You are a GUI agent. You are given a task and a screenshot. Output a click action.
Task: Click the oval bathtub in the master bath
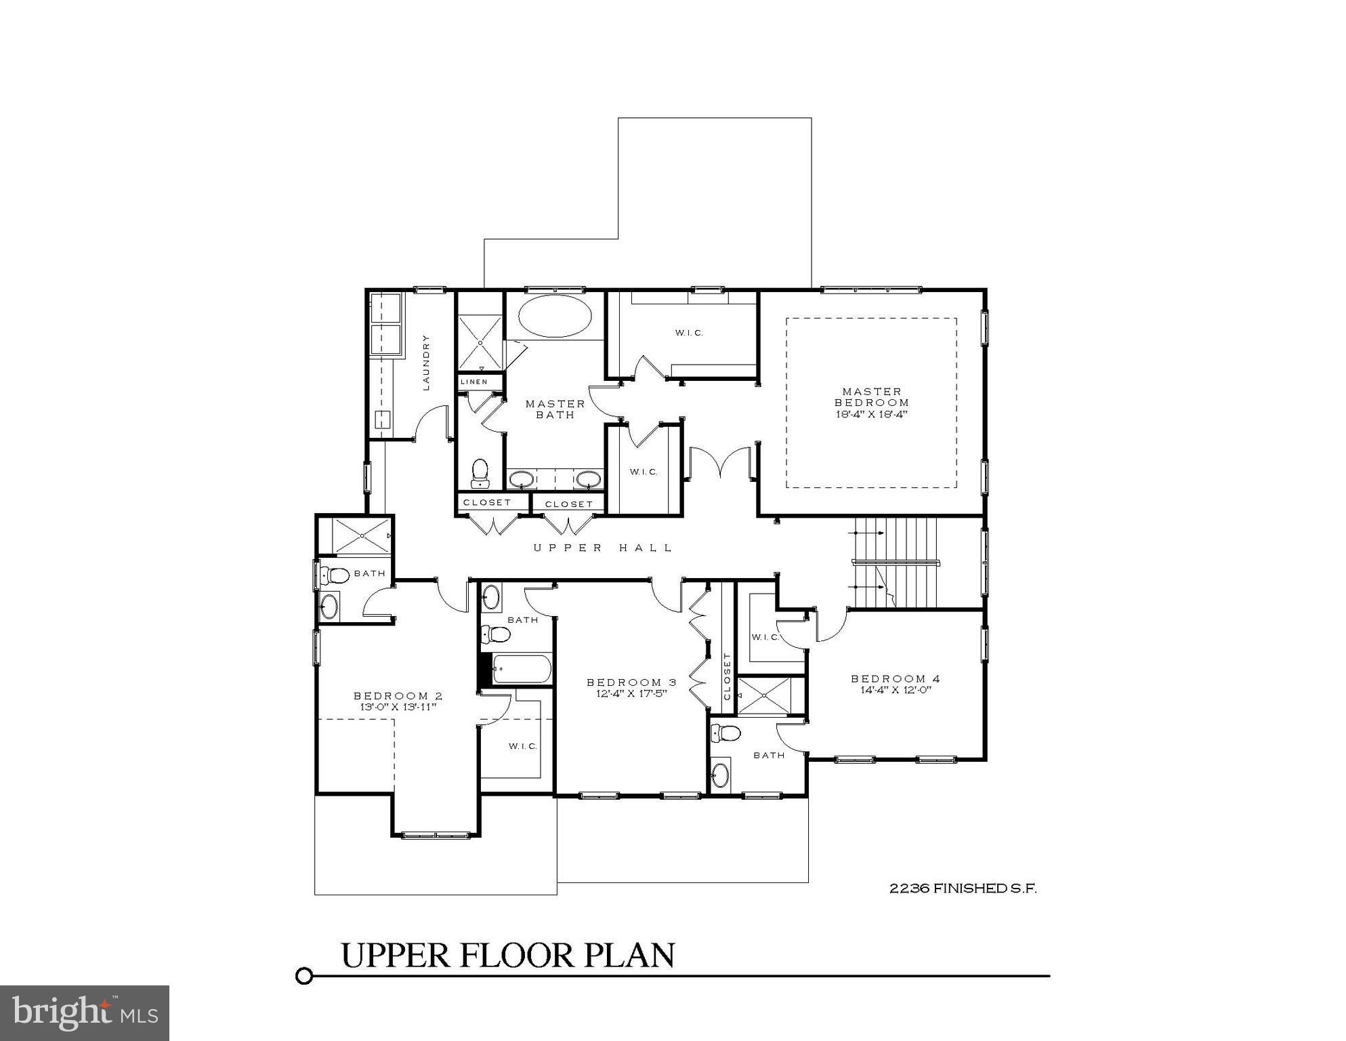click(x=555, y=316)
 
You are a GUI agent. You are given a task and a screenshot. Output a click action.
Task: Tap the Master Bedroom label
click(x=871, y=396)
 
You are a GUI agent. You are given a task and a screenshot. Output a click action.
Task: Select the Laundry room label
click(x=426, y=362)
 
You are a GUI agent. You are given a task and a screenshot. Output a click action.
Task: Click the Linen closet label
click(x=474, y=382)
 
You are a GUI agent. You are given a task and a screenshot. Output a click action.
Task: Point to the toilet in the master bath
click(x=480, y=472)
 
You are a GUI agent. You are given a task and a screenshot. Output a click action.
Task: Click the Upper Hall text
click(x=603, y=548)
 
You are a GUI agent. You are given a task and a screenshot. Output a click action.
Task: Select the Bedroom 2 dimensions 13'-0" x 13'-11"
click(x=398, y=707)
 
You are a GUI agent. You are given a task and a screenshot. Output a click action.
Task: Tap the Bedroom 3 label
click(x=631, y=682)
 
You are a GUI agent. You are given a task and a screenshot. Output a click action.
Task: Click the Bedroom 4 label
click(x=895, y=678)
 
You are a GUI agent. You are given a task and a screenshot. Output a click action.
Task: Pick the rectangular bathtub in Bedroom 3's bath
click(x=522, y=669)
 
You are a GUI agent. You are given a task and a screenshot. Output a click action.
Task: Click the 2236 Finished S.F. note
click(x=963, y=888)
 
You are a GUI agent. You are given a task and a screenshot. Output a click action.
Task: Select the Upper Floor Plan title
click(x=507, y=955)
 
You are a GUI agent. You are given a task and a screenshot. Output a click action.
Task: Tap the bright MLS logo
click(x=85, y=1013)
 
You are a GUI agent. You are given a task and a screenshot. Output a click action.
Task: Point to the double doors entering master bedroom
click(x=722, y=463)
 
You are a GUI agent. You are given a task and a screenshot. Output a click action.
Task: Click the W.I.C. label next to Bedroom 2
click(x=523, y=746)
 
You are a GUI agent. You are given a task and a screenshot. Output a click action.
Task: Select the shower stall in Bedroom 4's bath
click(x=764, y=695)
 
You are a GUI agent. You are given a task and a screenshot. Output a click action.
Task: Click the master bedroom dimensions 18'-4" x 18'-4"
click(x=871, y=413)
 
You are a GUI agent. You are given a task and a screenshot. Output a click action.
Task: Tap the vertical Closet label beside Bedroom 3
click(x=728, y=676)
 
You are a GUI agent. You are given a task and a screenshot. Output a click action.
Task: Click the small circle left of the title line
click(x=304, y=976)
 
